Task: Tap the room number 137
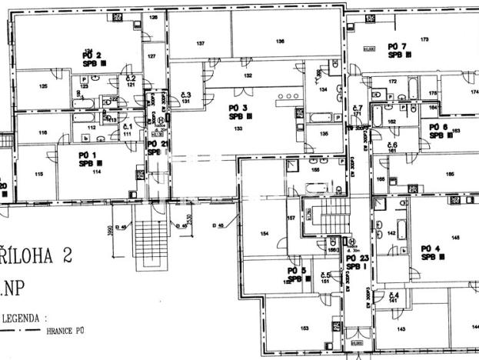(x=200, y=45)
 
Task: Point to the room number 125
(x=43, y=86)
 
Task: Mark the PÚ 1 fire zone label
(x=87, y=159)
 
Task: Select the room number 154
(x=264, y=233)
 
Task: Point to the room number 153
(x=304, y=328)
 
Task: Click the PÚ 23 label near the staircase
(x=359, y=262)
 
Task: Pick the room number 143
(x=401, y=328)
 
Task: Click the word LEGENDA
(x=22, y=316)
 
